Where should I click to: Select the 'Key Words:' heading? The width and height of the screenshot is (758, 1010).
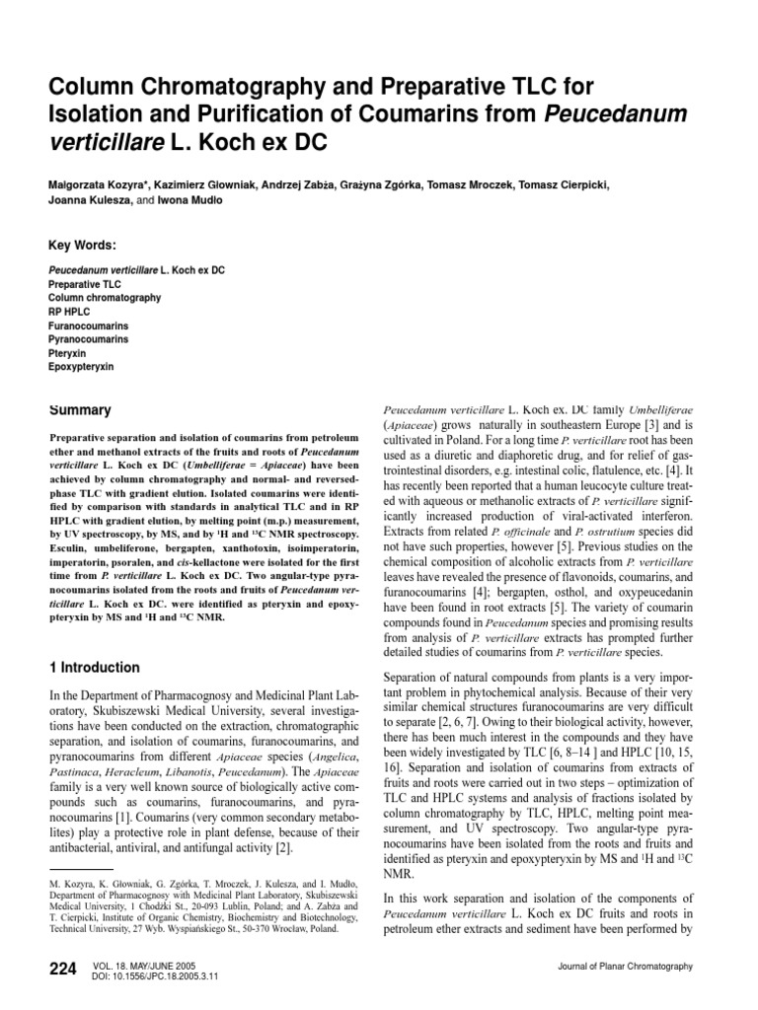tap(83, 246)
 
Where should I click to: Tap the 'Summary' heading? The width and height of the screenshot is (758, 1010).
tap(80, 409)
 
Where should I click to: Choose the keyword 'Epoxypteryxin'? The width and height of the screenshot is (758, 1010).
tap(82, 366)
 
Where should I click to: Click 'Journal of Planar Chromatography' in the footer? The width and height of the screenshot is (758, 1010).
tap(626, 966)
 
